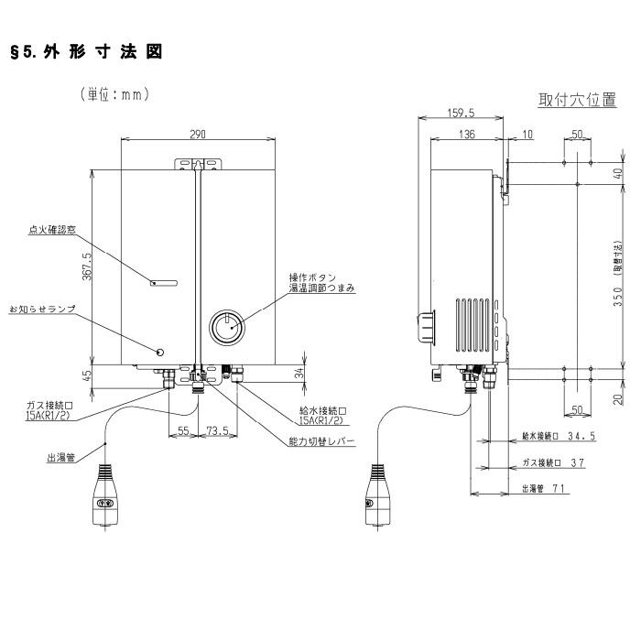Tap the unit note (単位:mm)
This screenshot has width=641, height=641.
pos(114,94)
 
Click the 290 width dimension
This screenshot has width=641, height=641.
pos(197,134)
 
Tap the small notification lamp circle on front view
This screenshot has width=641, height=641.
pos(161,353)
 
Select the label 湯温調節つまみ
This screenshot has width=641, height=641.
pos(322,288)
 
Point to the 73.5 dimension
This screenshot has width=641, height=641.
pos(217,429)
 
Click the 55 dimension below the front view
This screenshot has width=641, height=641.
pos(182,429)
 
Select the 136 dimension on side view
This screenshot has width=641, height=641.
pos(467,135)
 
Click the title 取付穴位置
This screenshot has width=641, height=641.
pos(577,100)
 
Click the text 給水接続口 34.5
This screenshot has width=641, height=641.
pos(558,437)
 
